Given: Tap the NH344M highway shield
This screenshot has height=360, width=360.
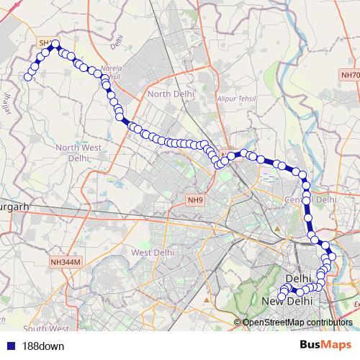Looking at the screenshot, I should point(64,264).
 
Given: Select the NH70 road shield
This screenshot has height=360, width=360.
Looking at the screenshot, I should point(350,74).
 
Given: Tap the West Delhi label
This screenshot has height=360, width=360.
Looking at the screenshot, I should point(153,252).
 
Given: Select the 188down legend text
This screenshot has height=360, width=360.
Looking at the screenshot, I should point(39,345).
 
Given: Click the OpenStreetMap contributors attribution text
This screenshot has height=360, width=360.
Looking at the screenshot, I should point(297,322).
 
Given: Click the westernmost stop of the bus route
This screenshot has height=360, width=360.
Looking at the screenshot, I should point(28,77).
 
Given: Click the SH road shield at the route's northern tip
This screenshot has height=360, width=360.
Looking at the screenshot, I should point(45,44).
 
